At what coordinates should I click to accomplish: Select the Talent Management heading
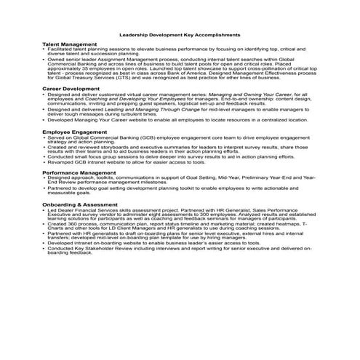click(x=70, y=44)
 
